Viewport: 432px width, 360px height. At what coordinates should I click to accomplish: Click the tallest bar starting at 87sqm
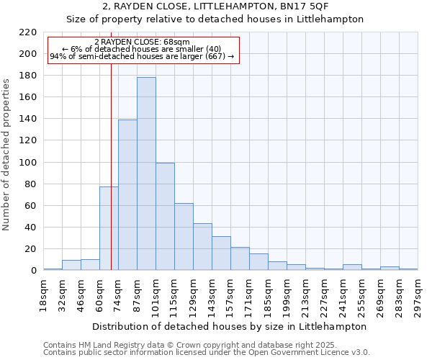pyautogui.click(x=146, y=174)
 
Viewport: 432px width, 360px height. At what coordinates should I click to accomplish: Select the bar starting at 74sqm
pyautogui.click(x=127, y=195)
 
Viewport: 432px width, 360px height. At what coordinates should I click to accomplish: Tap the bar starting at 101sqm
pyautogui.click(x=165, y=217)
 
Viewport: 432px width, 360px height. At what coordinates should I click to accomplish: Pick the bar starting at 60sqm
pyautogui.click(x=109, y=229)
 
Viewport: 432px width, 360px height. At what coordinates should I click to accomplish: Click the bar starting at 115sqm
pyautogui.click(x=184, y=237)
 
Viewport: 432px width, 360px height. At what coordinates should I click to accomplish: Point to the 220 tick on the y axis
pyautogui.click(x=28, y=32)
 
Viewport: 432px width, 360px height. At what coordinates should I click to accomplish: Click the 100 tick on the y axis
pyautogui.click(x=28, y=163)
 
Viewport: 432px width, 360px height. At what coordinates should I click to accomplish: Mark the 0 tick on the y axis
pyautogui.click(x=33, y=271)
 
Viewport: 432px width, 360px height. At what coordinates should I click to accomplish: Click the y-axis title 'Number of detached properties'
pyautogui.click(x=7, y=155)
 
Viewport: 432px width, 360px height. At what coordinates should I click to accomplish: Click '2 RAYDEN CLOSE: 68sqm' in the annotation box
pyautogui.click(x=142, y=42)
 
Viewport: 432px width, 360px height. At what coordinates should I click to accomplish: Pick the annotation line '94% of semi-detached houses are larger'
pyautogui.click(x=142, y=56)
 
